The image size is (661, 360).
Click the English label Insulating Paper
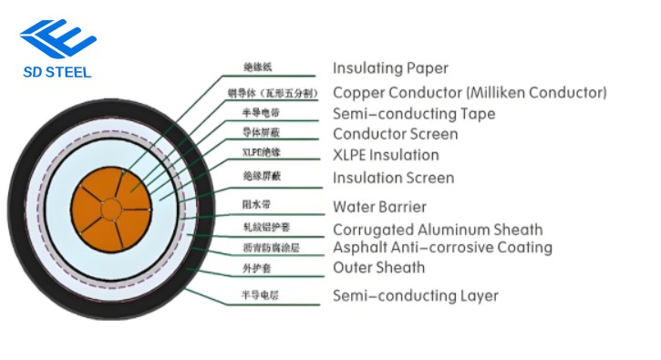click(390, 68)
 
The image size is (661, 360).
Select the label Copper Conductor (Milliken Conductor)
click(469, 93)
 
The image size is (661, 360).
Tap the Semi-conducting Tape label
click(414, 114)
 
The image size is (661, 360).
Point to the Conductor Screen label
click(395, 135)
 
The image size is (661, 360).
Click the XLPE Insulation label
click(385, 155)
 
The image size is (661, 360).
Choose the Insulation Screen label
click(393, 178)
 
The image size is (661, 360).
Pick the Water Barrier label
click(379, 207)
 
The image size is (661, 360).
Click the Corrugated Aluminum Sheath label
click(437, 230)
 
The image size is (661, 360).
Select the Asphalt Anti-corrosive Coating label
click(442, 247)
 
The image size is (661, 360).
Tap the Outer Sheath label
click(378, 267)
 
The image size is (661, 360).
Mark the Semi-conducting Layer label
click(415, 295)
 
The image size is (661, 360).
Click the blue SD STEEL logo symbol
click(57, 37)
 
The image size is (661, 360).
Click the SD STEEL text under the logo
click(57, 73)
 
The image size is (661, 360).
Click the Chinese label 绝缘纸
click(258, 67)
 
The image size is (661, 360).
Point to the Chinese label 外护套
click(256, 268)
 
